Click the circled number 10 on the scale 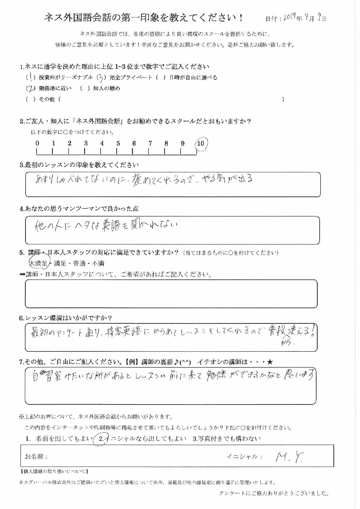tap(201, 143)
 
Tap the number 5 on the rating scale tap(118, 143)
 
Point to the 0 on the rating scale tap(37, 143)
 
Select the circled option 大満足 tap(39, 263)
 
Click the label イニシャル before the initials tap(244, 457)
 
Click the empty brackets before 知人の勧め tap(85, 89)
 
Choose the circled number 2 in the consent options tap(101, 439)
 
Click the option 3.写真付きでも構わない tap(227, 439)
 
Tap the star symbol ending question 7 tap(270, 362)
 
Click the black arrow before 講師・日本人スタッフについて tap(22, 275)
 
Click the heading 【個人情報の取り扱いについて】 tap(54, 472)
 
